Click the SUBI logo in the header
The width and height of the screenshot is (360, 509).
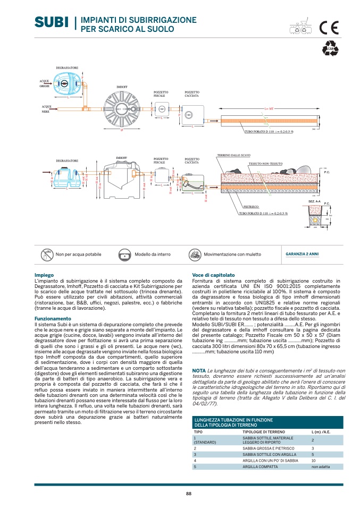(52, 22)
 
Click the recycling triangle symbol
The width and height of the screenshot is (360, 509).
(330, 48)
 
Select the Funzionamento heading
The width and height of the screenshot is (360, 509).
(53, 318)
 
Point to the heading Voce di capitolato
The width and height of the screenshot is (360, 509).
(213, 275)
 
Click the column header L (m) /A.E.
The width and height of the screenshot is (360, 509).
(320, 432)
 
